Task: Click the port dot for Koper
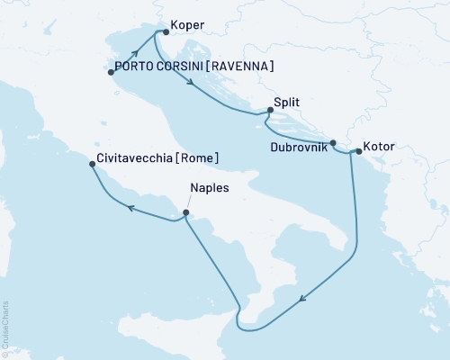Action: [165, 31]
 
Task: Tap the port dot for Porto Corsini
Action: [112, 73]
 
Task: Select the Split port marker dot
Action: [270, 111]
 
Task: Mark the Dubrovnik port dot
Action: [333, 143]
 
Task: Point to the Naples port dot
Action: [185, 213]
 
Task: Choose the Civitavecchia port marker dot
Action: [89, 165]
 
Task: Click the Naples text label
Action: [209, 189]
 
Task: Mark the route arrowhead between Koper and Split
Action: [193, 85]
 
